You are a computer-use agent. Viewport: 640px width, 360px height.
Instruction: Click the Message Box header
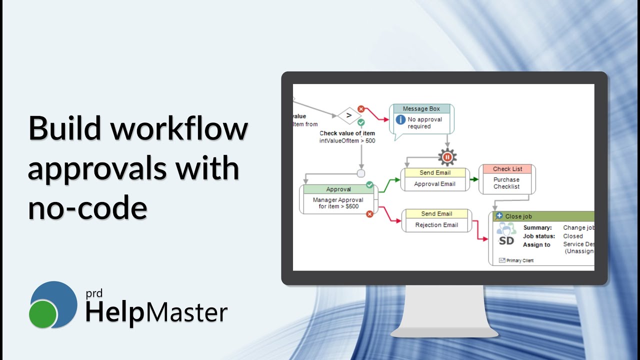421,109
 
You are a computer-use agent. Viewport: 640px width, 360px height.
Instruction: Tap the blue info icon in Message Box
400,120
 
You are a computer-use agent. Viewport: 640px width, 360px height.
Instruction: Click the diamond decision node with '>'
348,115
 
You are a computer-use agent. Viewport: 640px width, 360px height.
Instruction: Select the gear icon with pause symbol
447,157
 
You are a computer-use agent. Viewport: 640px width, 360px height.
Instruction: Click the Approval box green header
338,189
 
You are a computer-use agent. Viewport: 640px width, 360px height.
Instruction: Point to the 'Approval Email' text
434,184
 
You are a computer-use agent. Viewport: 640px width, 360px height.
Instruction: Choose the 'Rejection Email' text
436,225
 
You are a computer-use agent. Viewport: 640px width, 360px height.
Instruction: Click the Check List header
507,169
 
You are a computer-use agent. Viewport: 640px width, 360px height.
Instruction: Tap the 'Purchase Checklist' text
506,183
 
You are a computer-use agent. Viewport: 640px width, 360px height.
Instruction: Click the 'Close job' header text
518,216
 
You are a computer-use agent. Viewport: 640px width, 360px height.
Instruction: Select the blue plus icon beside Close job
499,216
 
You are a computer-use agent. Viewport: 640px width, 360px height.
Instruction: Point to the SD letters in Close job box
506,240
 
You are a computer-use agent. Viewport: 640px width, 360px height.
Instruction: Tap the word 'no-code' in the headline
87,208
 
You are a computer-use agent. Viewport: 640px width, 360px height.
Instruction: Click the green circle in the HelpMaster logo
43,314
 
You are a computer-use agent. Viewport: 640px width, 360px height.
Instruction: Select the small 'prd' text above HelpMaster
93,294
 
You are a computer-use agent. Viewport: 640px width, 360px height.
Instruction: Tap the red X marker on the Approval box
369,214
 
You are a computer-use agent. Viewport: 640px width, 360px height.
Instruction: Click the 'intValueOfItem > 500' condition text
347,141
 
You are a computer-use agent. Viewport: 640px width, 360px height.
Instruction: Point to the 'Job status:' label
539,236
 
